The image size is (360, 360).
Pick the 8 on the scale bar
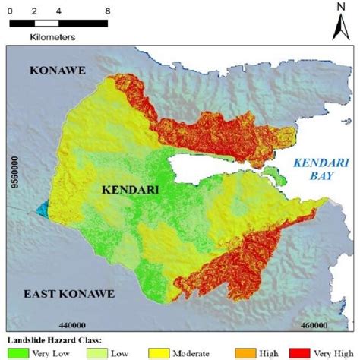107,12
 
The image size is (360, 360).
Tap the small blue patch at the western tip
39,209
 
